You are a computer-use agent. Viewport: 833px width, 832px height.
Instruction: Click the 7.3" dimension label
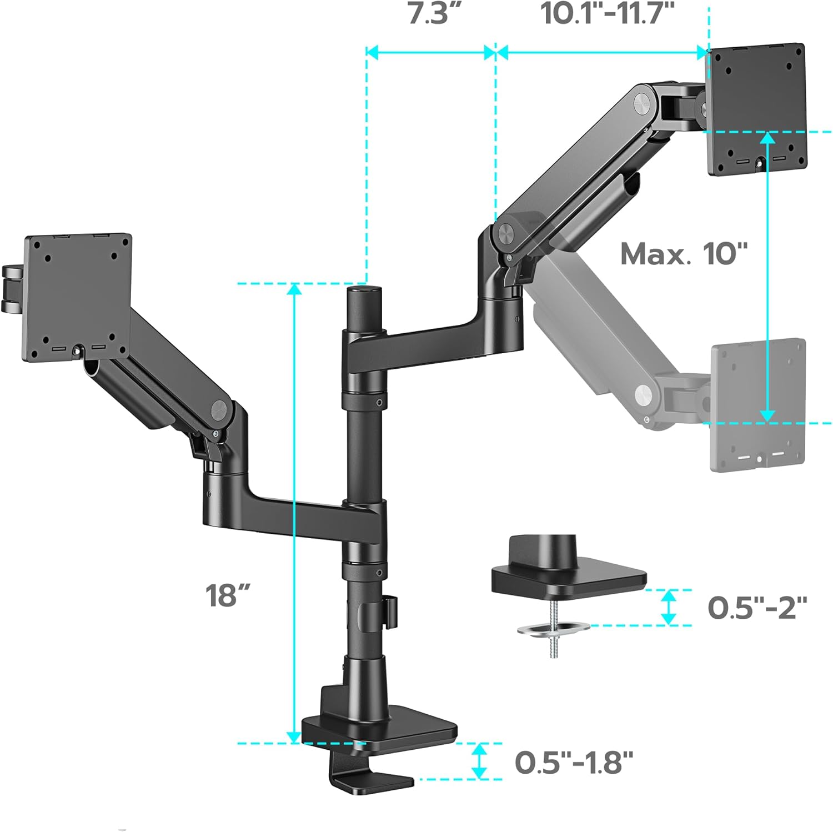[x=435, y=14]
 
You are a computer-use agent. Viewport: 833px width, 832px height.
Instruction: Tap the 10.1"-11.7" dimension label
[x=607, y=14]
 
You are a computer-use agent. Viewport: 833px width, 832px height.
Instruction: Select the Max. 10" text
[x=684, y=254]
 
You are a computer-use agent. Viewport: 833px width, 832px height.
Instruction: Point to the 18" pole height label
[x=228, y=595]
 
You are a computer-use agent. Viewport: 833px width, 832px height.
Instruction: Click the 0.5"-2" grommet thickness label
[x=757, y=608]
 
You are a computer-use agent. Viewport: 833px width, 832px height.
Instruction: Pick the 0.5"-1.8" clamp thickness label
[x=574, y=762]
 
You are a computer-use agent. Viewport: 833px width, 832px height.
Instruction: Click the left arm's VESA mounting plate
[x=77, y=298]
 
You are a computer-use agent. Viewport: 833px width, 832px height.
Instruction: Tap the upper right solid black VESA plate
[x=756, y=109]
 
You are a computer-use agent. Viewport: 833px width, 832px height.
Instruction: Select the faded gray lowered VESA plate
[x=758, y=404]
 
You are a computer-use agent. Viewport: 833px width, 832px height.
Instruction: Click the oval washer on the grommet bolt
[x=553, y=629]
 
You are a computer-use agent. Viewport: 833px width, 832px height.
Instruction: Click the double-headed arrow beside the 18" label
[x=294, y=513]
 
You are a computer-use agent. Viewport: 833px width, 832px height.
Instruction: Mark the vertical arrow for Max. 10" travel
[x=767, y=277]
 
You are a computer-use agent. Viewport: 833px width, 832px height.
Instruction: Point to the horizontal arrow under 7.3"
[x=431, y=53]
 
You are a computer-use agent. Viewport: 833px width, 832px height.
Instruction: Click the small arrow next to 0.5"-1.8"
[x=479, y=761]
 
